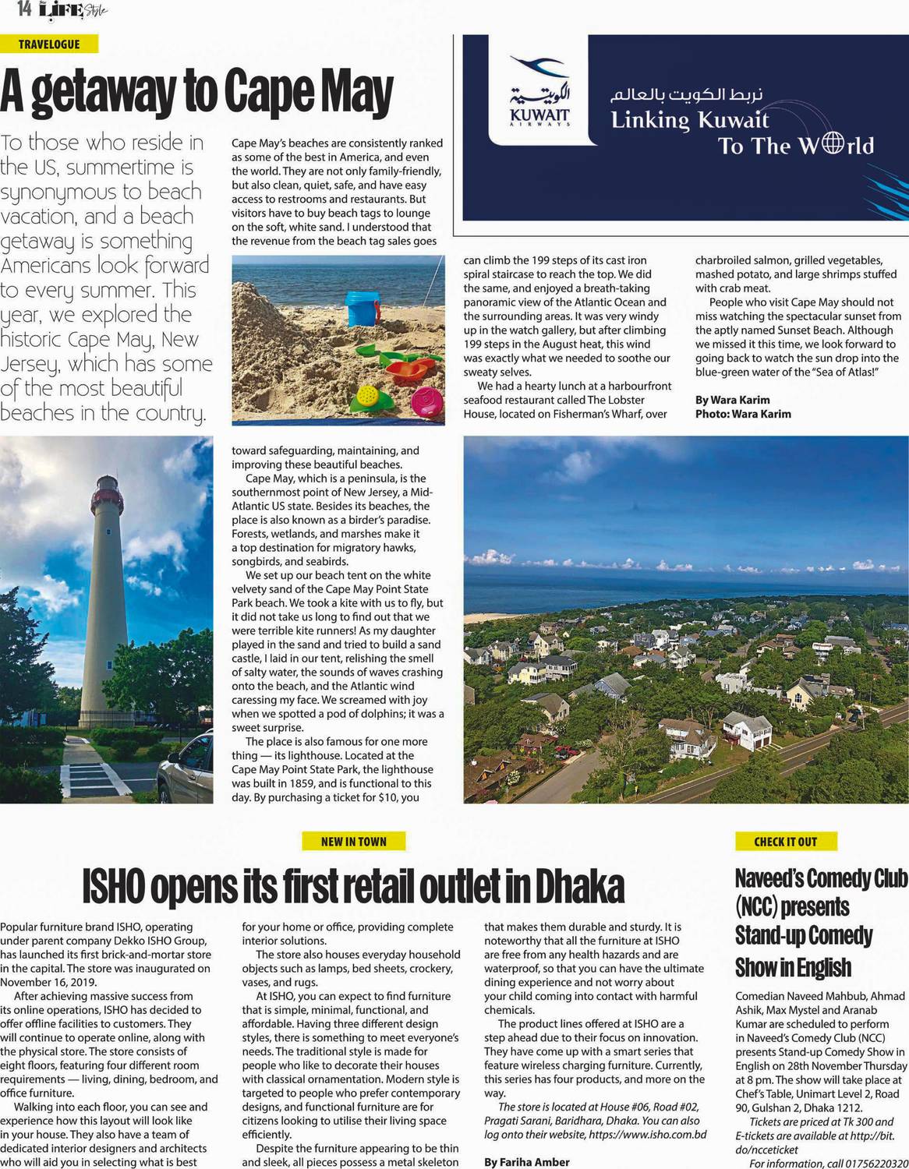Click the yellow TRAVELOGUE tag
[49, 44]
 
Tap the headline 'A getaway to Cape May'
[196, 91]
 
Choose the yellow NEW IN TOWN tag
[353, 841]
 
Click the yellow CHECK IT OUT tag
[785, 841]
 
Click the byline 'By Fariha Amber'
[526, 1162]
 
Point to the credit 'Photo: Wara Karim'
[742, 414]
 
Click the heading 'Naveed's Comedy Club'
[821, 878]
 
